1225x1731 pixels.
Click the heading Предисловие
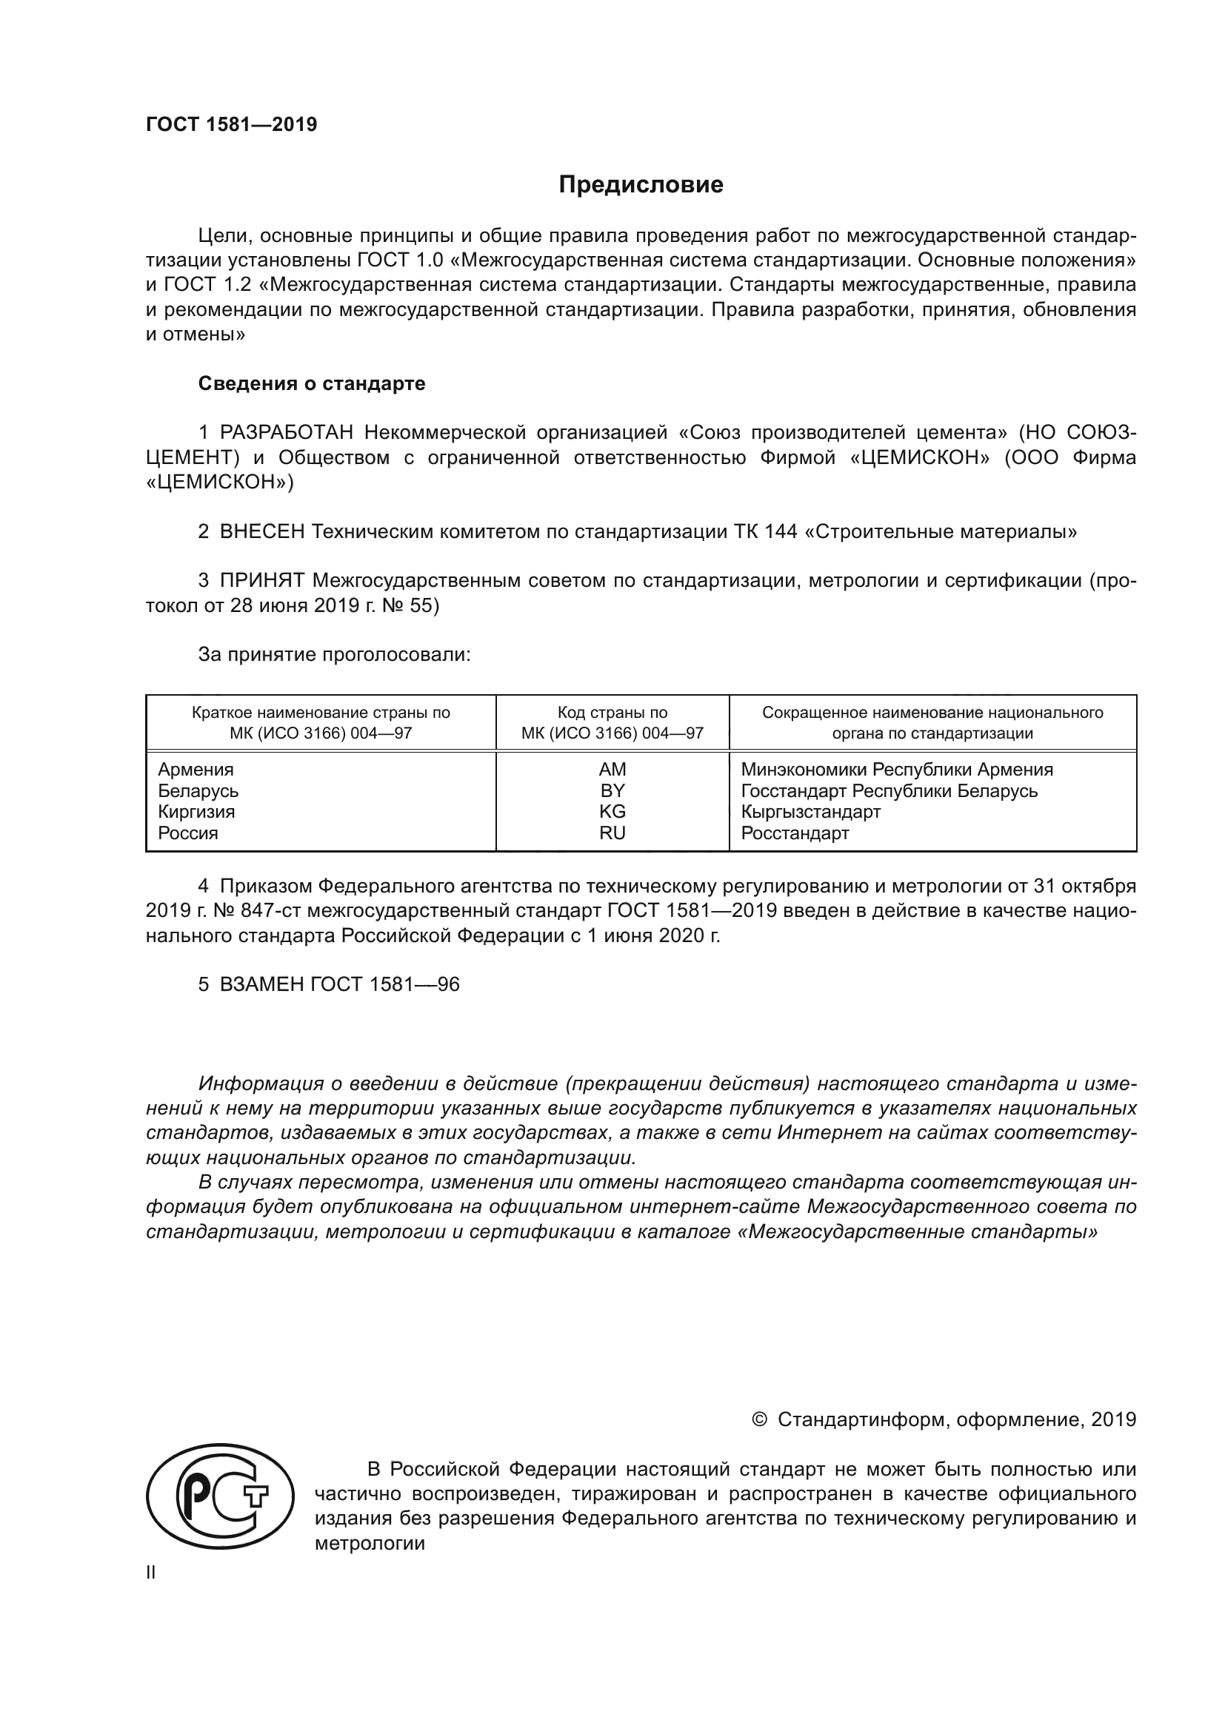641,185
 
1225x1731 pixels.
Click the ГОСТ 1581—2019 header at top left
232,125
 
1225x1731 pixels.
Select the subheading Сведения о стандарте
312,384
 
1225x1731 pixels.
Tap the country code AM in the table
612,770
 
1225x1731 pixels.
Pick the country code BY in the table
612,791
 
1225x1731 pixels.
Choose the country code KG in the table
612,812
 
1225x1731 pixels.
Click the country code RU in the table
612,833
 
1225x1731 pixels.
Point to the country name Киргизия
196,812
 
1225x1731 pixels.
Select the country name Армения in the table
196,770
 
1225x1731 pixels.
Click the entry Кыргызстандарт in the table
810,812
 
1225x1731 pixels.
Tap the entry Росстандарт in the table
794,833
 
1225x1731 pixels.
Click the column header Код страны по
612,713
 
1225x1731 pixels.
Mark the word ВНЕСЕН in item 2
261,532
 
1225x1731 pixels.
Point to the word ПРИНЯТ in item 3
261,580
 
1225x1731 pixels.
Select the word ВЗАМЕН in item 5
261,984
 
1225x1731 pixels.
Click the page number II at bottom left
151,1573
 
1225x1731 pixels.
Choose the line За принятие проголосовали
334,654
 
